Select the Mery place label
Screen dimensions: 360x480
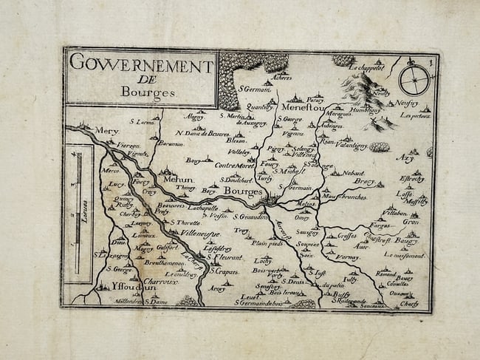(106, 130)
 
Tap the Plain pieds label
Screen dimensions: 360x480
(267, 242)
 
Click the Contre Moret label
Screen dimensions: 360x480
(233, 165)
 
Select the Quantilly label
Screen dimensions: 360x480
(259, 106)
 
